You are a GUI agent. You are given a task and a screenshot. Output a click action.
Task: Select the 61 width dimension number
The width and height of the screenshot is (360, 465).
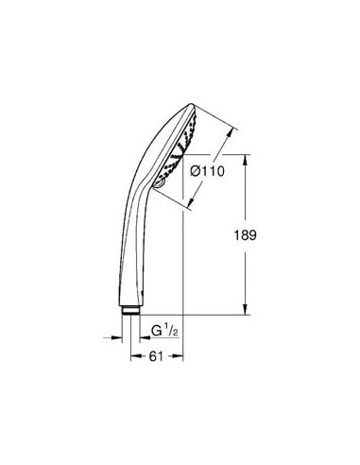tap(154, 356)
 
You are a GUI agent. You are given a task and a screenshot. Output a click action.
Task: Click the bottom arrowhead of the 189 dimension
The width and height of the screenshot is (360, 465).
tap(248, 310)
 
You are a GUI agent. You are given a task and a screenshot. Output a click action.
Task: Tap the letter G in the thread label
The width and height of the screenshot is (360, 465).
tap(157, 331)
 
